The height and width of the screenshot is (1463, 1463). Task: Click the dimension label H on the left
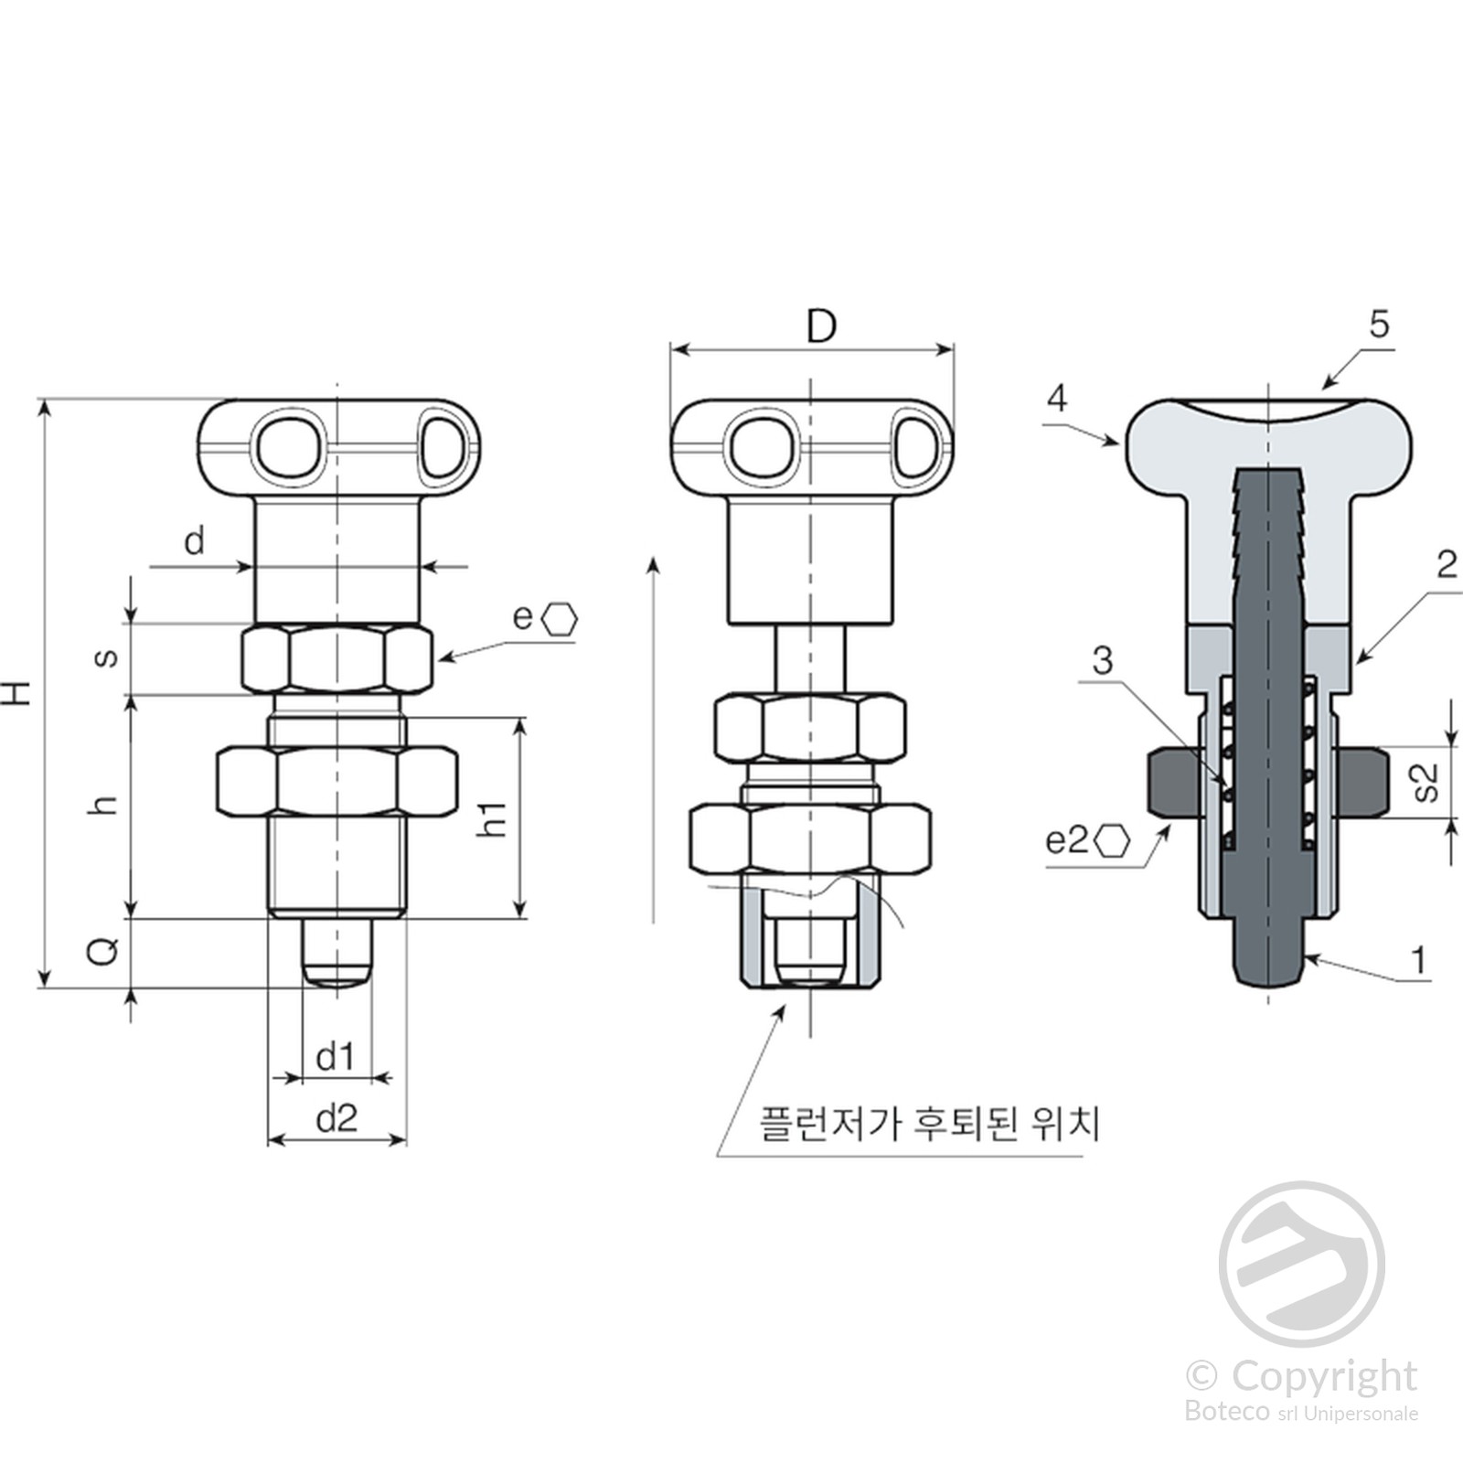pos(18,693)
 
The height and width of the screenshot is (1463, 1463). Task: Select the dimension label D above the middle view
pos(821,326)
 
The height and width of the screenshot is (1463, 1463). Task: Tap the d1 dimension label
pos(335,1057)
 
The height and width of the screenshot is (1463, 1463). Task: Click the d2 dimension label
pos(336,1118)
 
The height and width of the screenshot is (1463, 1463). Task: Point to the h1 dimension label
pos(494,818)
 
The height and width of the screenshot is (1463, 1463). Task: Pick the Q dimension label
pos(102,951)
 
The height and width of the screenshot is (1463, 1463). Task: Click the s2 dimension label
pos(1425,783)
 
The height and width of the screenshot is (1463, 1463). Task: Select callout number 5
pos(1379,325)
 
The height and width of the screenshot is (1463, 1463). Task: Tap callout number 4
pos(1057,399)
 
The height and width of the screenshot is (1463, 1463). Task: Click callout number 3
pos(1103,660)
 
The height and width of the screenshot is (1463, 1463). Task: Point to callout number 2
pos(1447,565)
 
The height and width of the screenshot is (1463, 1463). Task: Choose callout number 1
pos(1418,960)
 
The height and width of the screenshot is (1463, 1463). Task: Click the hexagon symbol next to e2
pos(1113,840)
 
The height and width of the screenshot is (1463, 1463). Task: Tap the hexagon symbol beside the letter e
pos(560,619)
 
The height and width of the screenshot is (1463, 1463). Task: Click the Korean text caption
pos(929,1123)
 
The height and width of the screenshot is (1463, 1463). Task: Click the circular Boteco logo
pos(1301,1264)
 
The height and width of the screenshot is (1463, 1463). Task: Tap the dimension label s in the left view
pos(106,657)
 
